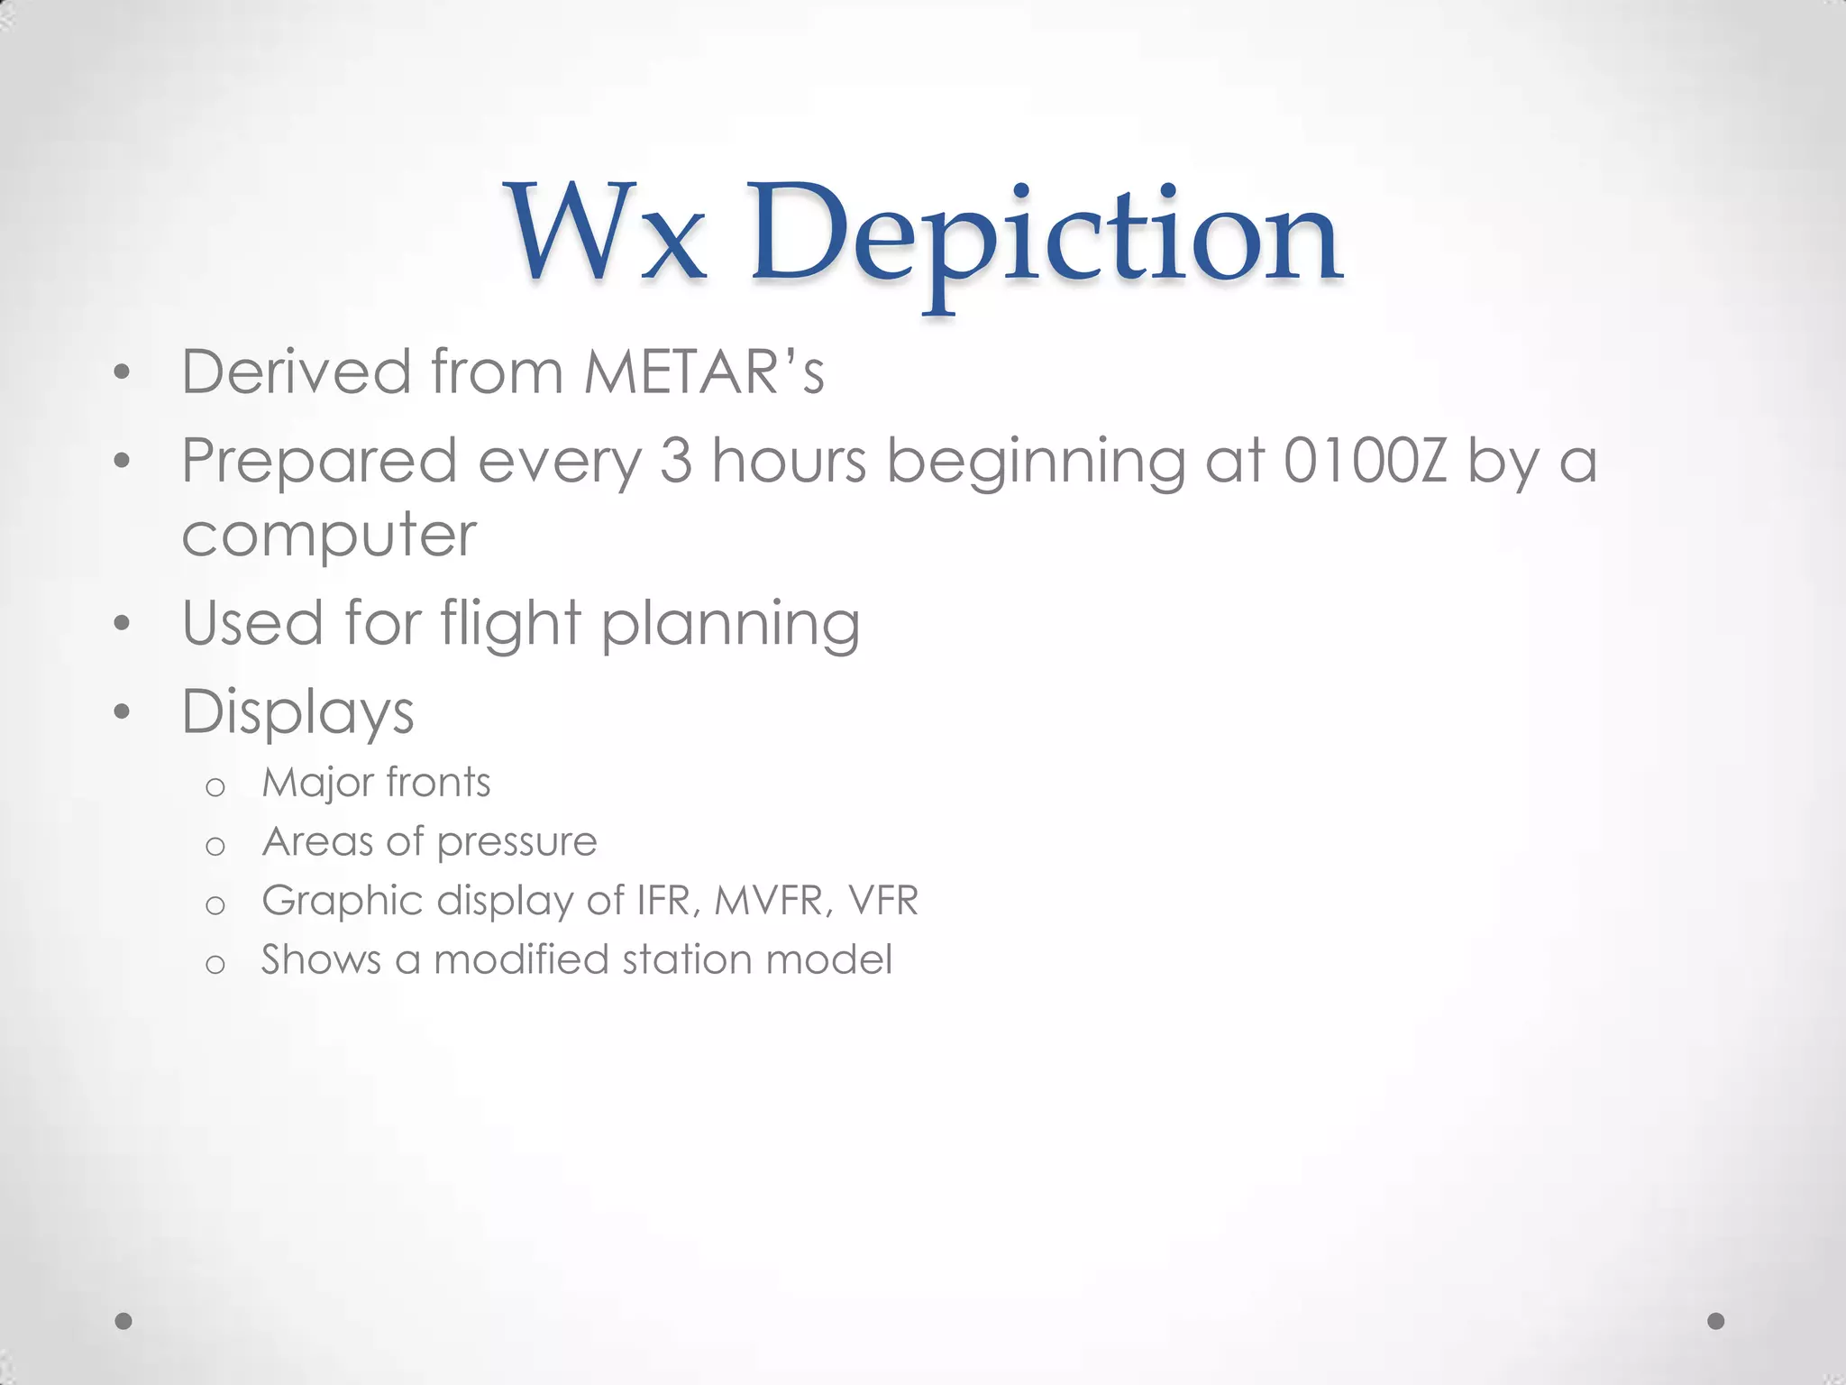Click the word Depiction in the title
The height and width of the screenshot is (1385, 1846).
click(x=1046, y=239)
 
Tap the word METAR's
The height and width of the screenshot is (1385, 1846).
click(x=703, y=371)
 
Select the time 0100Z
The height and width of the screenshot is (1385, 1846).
click(x=1364, y=461)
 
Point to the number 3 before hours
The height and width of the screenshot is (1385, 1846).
click(x=675, y=461)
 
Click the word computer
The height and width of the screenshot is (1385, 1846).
click(x=328, y=536)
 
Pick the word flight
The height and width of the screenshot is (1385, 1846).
click(x=510, y=623)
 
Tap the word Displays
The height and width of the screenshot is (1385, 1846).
click(x=297, y=712)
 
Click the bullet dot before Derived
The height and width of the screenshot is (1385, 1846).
click(x=123, y=372)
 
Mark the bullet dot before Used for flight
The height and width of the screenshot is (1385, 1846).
click(x=123, y=624)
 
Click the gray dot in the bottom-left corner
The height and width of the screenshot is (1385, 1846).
click(x=124, y=1321)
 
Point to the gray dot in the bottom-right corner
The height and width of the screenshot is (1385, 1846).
click(x=1716, y=1321)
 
